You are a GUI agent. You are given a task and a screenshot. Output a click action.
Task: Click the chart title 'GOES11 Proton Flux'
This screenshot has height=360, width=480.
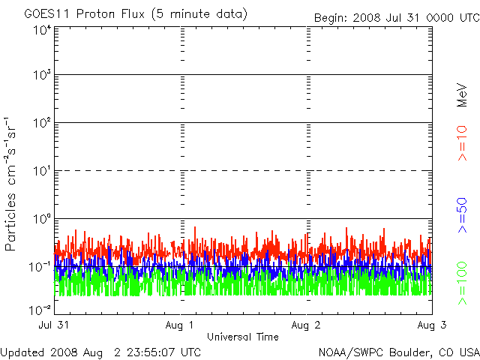tap(84, 14)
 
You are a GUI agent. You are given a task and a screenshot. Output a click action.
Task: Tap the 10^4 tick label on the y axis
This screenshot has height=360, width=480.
tap(42, 30)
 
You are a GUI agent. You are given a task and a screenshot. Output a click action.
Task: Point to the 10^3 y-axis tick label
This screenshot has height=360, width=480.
tap(42, 75)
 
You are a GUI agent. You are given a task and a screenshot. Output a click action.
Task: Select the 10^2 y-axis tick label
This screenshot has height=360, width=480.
tap(42, 123)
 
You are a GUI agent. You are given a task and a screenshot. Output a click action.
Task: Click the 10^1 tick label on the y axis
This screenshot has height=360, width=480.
tap(42, 171)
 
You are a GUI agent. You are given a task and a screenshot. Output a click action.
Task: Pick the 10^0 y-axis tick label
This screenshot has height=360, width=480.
tap(42, 219)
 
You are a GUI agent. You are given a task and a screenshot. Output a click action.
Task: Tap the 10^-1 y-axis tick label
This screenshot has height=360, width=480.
tap(40, 267)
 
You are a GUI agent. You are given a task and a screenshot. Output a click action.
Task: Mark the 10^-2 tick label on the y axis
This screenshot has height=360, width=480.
tap(40, 310)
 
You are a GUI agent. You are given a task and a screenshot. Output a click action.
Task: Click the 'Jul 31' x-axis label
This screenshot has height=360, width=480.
tap(54, 325)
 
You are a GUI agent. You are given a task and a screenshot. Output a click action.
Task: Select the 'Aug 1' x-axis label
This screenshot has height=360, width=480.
tap(179, 325)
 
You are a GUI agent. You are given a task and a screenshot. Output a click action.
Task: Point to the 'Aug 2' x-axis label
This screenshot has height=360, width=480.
tap(306, 325)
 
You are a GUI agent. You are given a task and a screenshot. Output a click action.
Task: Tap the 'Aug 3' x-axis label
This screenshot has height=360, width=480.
tap(432, 325)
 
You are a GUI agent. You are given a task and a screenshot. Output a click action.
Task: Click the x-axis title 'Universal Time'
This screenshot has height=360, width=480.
tap(243, 337)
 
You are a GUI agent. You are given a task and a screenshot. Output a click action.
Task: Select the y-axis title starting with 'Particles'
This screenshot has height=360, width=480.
tap(10, 184)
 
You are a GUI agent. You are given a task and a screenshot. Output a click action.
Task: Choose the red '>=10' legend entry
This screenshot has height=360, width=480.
tap(462, 143)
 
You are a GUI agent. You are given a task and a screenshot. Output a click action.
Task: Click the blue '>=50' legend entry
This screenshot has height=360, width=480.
tap(462, 215)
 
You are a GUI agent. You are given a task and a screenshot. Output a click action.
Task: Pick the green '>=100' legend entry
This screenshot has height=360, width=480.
tap(462, 283)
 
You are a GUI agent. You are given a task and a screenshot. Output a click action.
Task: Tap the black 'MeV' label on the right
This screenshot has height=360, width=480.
tap(462, 95)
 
